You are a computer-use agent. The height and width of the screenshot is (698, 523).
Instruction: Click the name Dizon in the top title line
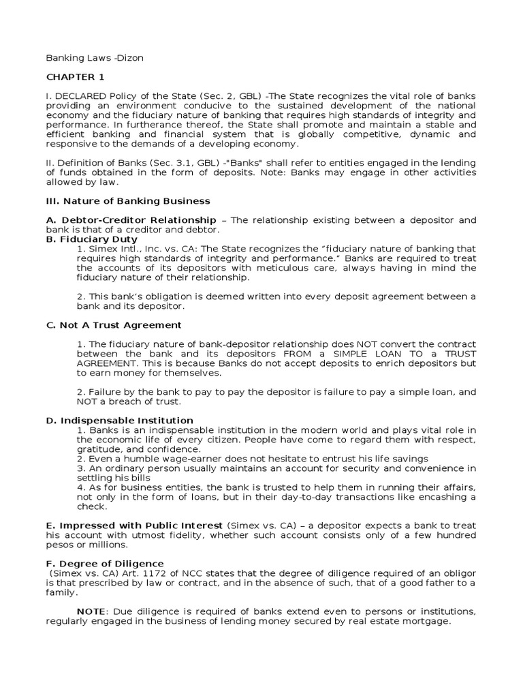coord(129,58)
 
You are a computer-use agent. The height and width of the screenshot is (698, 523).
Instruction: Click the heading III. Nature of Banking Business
coord(128,201)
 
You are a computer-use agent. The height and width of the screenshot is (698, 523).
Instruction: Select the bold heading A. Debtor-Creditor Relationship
coord(131,220)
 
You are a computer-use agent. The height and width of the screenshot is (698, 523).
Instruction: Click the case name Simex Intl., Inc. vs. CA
coord(140,249)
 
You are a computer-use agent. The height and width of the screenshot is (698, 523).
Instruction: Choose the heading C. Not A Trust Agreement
coord(114,325)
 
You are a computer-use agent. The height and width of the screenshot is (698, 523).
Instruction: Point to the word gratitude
coord(101,449)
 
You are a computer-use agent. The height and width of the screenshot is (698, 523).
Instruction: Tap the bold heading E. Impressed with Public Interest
coord(134,526)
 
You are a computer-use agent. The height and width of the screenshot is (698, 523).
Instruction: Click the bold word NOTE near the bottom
coord(90,611)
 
